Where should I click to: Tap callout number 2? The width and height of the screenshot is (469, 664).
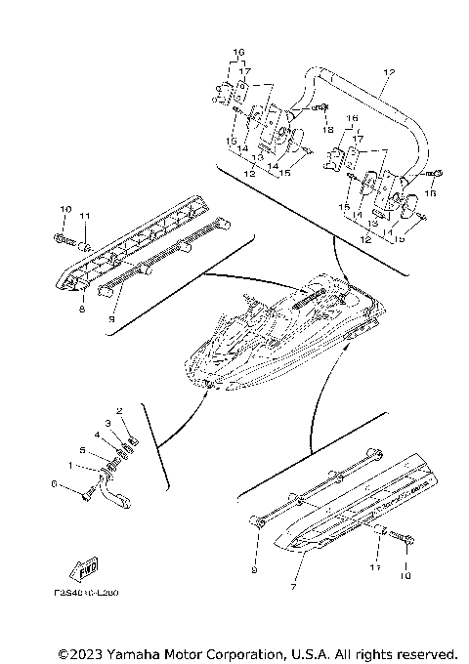(119, 411)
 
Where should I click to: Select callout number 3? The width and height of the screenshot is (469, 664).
(108, 422)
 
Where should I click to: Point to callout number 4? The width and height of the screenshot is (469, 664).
(97, 434)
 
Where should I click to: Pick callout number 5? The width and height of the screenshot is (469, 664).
(82, 450)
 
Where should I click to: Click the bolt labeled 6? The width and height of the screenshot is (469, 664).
(91, 492)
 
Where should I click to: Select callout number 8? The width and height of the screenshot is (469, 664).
(82, 309)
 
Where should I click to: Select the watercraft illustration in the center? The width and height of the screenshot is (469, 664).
(283, 332)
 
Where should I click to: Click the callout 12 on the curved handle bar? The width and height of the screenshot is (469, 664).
(388, 73)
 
